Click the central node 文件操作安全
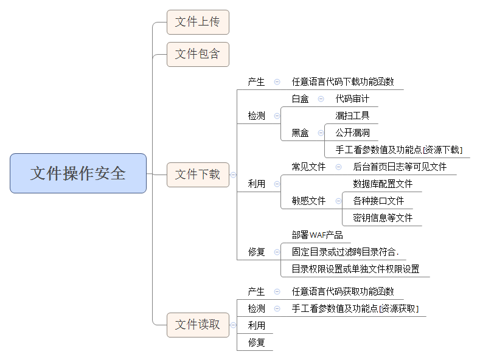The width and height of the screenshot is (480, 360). coord(78,173)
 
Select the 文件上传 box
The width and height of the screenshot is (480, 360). coord(198,22)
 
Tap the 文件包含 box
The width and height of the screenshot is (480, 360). coord(198,54)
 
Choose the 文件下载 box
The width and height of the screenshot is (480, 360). coord(198,175)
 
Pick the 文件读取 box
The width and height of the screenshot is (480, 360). coord(198,325)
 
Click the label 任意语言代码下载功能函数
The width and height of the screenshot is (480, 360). coord(343,81)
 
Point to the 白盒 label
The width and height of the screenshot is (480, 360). coord(300,99)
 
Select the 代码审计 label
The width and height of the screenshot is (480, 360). coord(352,99)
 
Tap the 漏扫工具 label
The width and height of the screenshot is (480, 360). coord(352,116)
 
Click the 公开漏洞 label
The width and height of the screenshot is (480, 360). coord(352,133)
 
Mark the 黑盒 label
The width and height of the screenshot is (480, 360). coord(300,133)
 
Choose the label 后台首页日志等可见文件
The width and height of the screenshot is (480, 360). coord(400,167)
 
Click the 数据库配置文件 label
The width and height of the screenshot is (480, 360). coord(383,184)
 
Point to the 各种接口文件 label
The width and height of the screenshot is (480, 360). coord(378,201)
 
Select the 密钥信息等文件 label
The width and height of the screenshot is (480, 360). coord(383,218)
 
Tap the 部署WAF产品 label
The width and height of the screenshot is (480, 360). coord(317,235)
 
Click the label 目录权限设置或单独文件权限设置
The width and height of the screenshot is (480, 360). coord(355,269)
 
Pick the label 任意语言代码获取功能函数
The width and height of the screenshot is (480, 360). coord(343,291)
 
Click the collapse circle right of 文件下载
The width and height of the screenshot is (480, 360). coord(233,175)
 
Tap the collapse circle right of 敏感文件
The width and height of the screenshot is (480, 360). coord(338,201)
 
